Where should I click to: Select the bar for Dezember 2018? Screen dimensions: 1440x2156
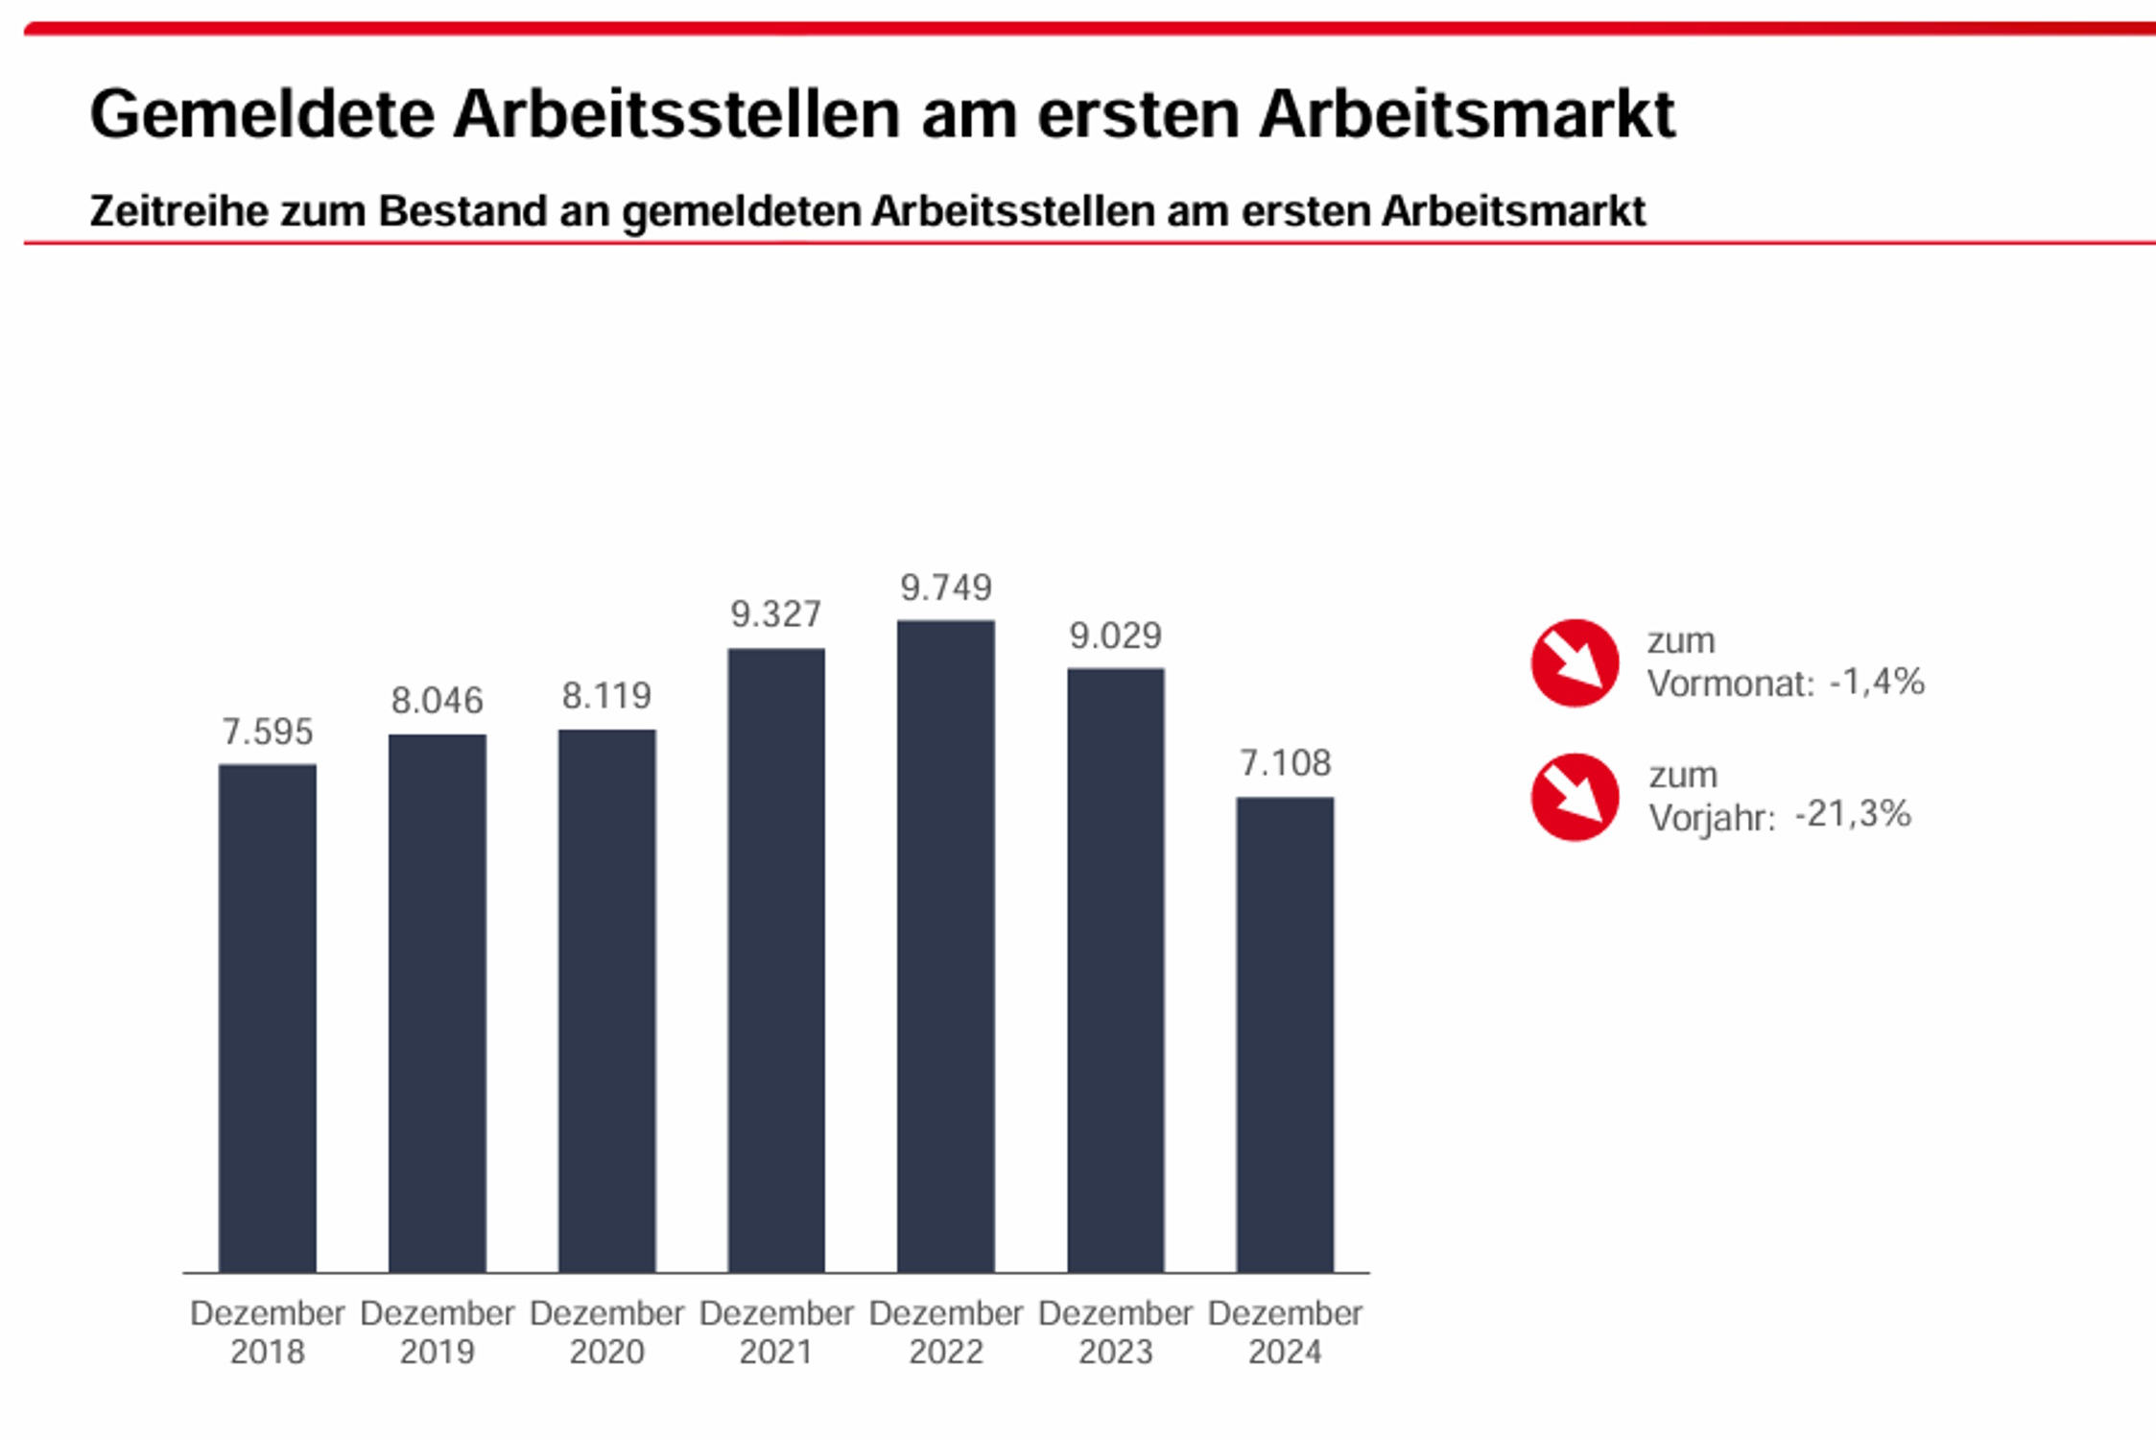pos(267,1018)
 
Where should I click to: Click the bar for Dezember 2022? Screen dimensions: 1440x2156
pos(945,946)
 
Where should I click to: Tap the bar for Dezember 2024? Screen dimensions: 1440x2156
pos(1285,1034)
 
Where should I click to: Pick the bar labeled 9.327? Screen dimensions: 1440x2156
pos(775,960)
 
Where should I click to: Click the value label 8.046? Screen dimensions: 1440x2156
pos(437,701)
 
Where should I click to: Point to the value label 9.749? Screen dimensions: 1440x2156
pos(945,588)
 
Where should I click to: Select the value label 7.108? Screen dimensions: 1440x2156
pos(1285,763)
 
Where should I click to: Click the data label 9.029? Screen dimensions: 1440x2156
pos(1115,636)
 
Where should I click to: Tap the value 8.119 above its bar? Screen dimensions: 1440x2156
pos(606,696)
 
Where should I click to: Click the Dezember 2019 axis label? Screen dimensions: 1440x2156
pos(437,1332)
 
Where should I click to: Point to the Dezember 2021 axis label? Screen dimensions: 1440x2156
pos(775,1332)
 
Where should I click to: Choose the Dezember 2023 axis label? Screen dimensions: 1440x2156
pos(1115,1332)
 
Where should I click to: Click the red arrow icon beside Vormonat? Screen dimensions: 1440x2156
pos(1575,662)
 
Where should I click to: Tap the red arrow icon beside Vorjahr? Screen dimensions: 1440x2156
pos(1575,797)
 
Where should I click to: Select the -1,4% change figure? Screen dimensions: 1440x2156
pos(1877,682)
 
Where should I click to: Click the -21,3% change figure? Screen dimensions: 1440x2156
pos(1852,814)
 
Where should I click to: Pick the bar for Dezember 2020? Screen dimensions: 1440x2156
pos(606,1000)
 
